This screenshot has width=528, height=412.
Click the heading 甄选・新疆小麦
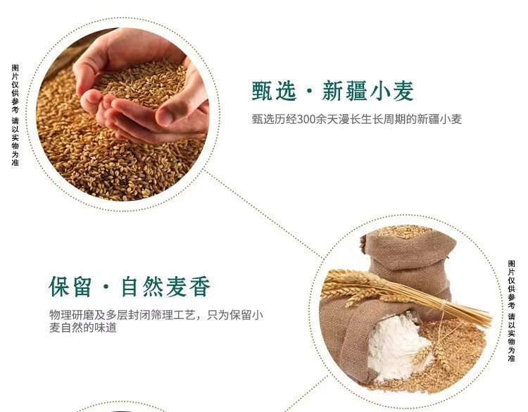333,91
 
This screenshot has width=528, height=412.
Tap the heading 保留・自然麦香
130,287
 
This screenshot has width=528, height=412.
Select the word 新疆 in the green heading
345,91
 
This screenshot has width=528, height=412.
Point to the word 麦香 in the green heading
188,287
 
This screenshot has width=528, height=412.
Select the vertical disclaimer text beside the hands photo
15,116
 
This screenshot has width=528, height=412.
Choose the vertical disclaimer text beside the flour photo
512,311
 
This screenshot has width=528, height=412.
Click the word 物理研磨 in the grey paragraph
72,316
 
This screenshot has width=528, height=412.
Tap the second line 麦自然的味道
83,327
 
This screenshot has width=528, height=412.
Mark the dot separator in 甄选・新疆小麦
310,92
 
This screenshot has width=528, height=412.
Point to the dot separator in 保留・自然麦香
106,287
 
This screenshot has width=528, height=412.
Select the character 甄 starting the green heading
263,91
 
